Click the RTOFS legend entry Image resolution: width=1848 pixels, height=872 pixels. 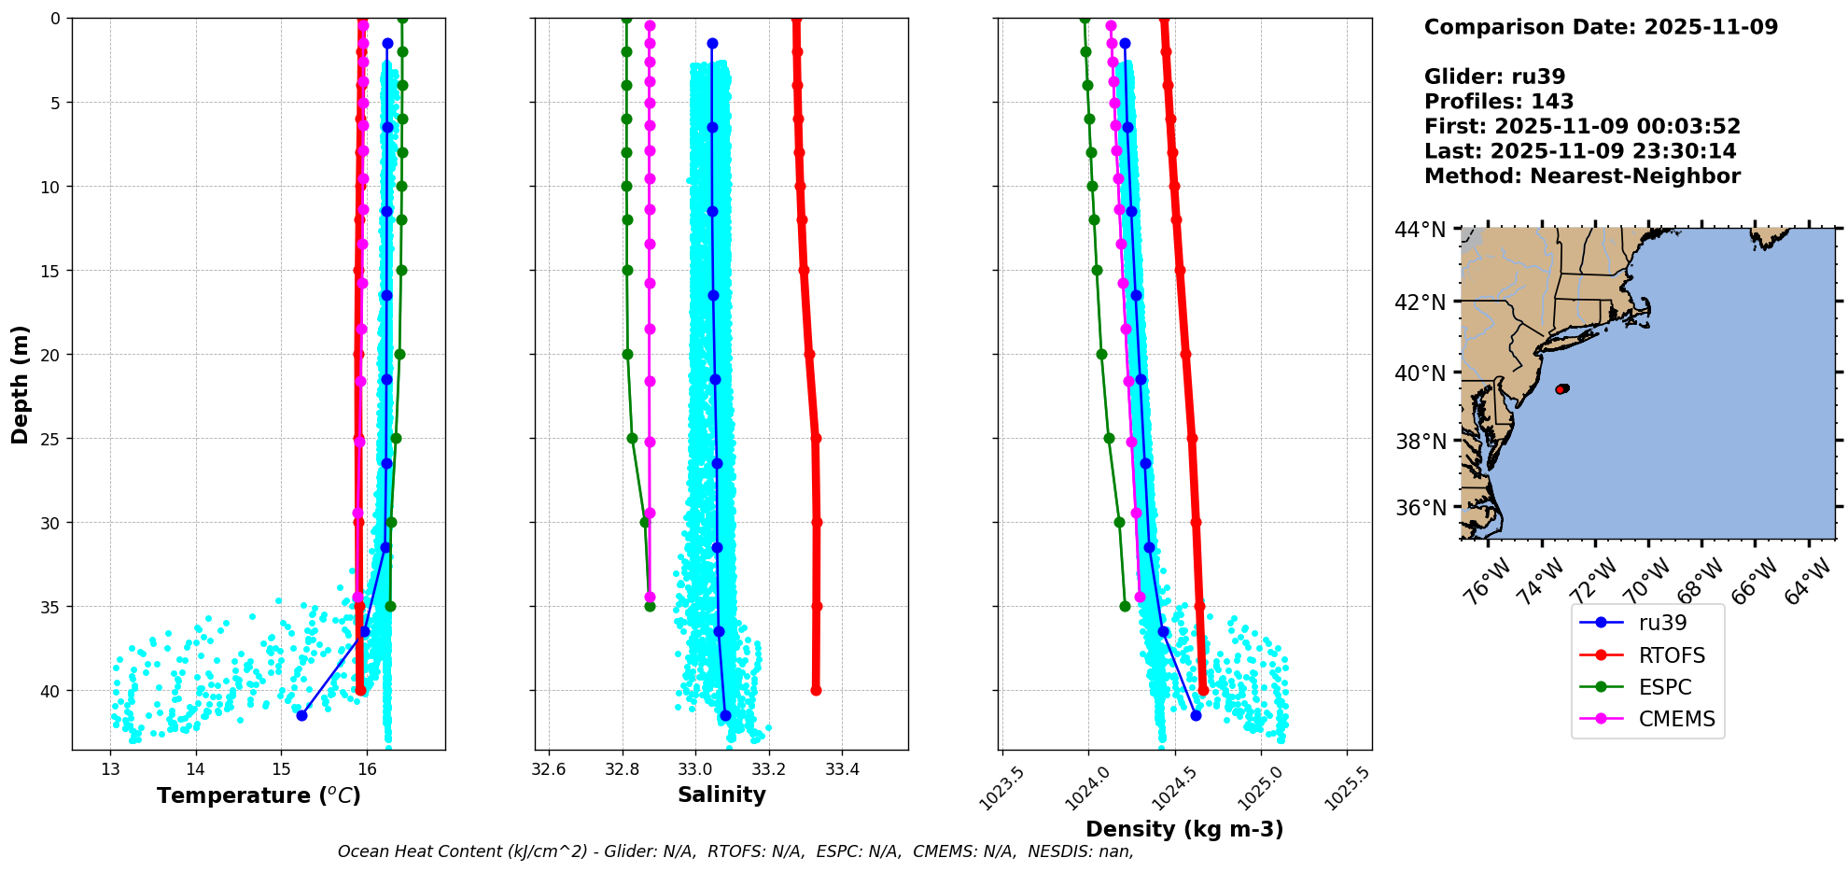tap(1647, 655)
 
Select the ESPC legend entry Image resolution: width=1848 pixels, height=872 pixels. tap(1647, 687)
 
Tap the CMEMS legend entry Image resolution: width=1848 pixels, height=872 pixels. tap(1647, 719)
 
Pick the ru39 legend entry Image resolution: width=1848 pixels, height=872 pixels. tap(1647, 623)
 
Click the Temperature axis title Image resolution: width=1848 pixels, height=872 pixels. tap(259, 795)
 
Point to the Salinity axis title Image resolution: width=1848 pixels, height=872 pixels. tap(721, 795)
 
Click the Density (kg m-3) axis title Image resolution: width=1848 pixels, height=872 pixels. tap(1184, 829)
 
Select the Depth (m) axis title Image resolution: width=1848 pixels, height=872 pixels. tap(21, 384)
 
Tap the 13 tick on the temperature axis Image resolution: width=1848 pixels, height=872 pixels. tap(110, 769)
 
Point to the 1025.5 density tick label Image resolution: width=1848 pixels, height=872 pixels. tap(1347, 787)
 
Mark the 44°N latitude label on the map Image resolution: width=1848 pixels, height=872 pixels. tap(1421, 230)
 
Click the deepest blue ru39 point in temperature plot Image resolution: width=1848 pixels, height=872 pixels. tap(301, 715)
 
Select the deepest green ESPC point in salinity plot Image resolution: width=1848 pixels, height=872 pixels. tap(650, 607)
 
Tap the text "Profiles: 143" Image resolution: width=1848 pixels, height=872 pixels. tap(1499, 102)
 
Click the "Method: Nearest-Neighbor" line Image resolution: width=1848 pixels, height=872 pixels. tap(1583, 176)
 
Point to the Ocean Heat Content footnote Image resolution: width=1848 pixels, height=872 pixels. tap(735, 851)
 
